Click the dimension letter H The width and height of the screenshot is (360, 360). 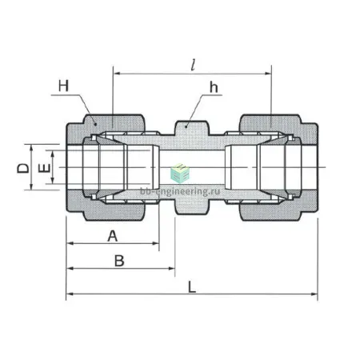coord(63,86)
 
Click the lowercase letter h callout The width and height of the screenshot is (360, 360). coord(214,87)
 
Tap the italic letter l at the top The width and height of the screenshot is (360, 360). coord(193,65)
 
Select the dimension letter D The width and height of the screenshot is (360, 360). coord(23,168)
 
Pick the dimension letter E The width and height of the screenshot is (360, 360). coord(45,168)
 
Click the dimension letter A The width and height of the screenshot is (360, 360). coord(112,236)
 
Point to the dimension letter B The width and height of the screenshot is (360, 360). coord(119,261)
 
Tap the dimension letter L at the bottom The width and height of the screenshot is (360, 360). coord(192,287)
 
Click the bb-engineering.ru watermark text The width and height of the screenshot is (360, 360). coord(180,191)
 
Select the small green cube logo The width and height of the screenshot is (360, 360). coord(180,173)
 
